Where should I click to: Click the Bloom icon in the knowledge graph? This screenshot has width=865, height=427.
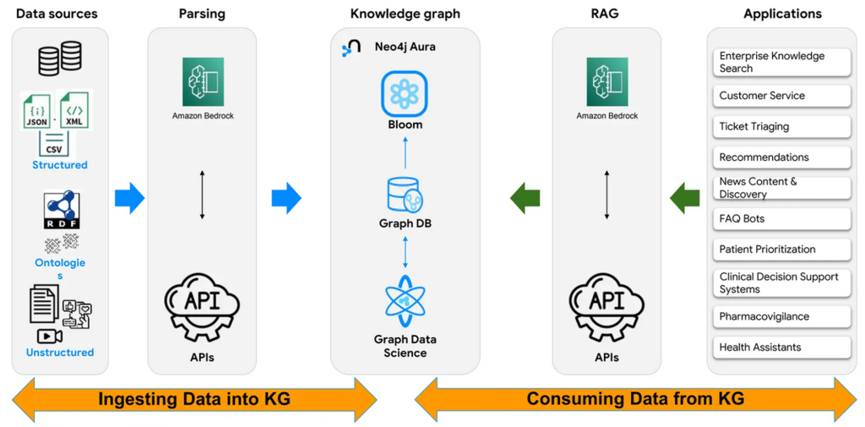tap(405, 94)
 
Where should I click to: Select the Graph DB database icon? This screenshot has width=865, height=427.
tap(405, 195)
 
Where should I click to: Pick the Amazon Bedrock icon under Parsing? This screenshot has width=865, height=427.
tap(203, 82)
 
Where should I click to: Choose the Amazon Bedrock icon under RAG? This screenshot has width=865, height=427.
tap(607, 82)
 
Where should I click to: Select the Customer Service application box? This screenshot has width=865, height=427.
tap(781, 96)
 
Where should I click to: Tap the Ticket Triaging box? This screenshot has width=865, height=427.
tap(781, 127)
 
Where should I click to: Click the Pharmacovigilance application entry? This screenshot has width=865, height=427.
tap(781, 316)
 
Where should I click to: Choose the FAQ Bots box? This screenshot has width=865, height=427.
tap(781, 219)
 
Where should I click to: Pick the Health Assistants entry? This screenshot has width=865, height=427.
tap(781, 348)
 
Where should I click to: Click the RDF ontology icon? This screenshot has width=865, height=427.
tap(60, 211)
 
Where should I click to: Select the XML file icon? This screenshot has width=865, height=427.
tap(74, 112)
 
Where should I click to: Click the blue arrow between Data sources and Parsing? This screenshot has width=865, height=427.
tap(129, 198)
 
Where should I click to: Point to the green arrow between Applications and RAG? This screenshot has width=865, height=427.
tap(685, 199)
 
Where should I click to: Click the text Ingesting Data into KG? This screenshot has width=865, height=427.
tap(194, 399)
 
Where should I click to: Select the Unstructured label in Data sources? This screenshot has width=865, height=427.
tap(60, 353)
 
